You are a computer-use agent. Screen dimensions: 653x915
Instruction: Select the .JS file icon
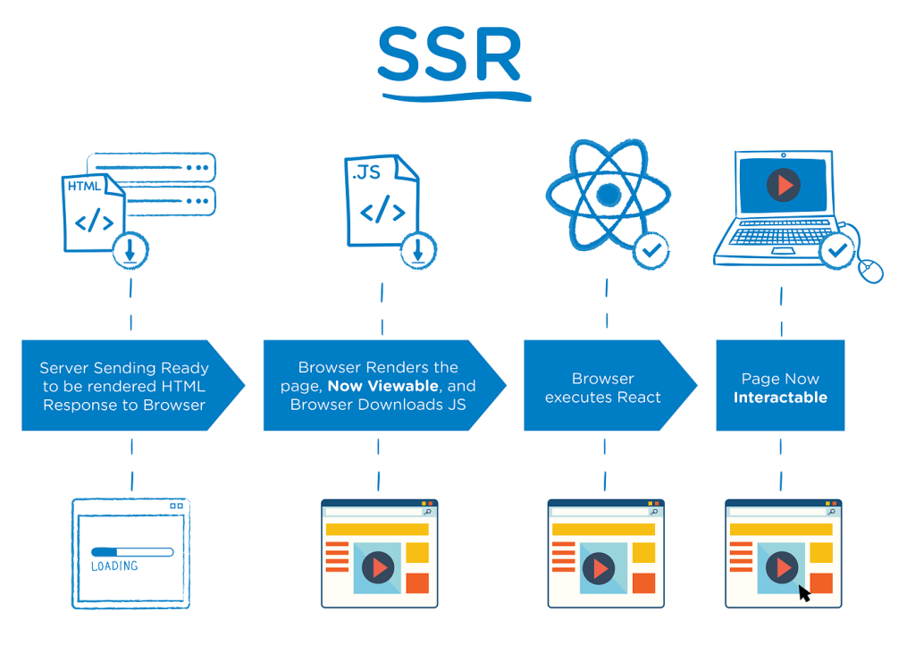click(x=381, y=201)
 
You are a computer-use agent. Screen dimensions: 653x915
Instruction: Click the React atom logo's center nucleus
click(x=608, y=194)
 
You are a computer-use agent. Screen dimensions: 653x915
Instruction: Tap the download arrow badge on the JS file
click(x=417, y=250)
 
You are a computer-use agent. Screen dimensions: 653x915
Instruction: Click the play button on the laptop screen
click(x=784, y=186)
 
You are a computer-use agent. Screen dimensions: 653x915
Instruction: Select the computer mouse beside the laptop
click(x=869, y=269)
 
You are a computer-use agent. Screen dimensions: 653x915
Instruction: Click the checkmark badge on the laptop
click(x=837, y=250)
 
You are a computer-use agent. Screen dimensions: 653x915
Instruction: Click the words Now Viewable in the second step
click(x=382, y=386)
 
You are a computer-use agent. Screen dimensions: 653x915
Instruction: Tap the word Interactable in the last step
click(x=780, y=398)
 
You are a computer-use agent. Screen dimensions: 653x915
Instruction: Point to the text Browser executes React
click(x=603, y=388)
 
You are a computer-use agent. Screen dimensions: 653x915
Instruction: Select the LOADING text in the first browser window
click(x=114, y=566)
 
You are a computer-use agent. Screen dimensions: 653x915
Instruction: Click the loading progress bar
click(x=132, y=552)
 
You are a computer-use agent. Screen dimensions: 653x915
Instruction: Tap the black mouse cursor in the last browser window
click(x=803, y=593)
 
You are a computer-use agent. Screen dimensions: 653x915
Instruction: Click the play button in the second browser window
click(x=378, y=568)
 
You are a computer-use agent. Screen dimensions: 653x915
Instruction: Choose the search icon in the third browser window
click(x=654, y=512)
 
